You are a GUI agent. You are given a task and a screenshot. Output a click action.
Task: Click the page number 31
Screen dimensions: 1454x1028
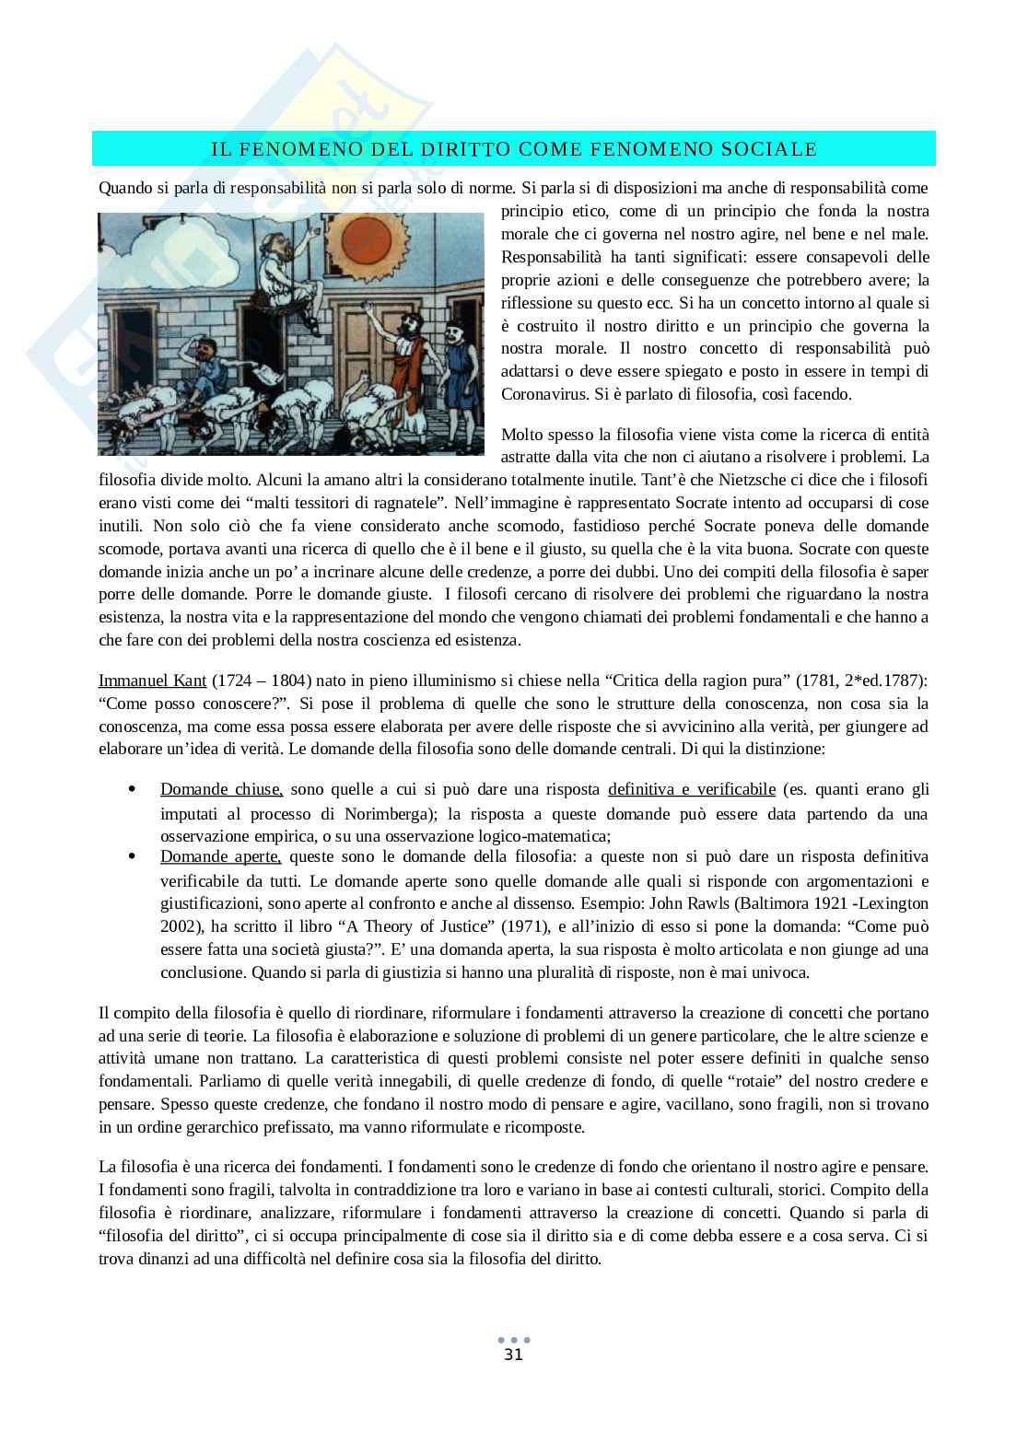point(514,1355)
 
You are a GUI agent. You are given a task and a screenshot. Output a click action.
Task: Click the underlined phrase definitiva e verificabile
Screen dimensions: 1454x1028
point(692,789)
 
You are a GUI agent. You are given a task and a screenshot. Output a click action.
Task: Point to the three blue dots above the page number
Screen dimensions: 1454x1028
point(514,1340)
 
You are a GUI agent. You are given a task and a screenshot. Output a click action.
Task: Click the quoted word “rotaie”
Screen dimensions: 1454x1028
point(749,1080)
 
